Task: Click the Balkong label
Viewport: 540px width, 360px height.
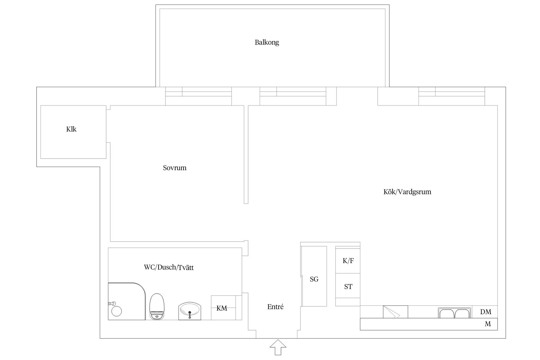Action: tap(267, 42)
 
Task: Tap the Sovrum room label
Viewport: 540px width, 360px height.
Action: tap(175, 168)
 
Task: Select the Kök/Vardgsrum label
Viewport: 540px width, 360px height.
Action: tap(407, 192)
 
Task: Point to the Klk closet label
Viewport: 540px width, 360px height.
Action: tap(71, 129)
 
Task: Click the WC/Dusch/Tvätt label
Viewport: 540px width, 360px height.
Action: tap(169, 267)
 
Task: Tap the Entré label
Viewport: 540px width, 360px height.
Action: tap(275, 307)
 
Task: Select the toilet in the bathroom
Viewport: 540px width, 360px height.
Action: tap(157, 306)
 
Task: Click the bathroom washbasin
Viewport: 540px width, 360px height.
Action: tap(190, 311)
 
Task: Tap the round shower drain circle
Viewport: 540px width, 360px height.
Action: tap(116, 311)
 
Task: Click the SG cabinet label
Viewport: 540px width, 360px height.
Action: tap(314, 279)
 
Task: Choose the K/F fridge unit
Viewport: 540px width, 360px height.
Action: tap(348, 261)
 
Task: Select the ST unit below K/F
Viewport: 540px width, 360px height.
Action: tap(348, 287)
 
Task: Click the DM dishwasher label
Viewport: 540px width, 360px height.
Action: tap(486, 312)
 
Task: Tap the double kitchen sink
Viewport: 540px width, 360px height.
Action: tap(454, 313)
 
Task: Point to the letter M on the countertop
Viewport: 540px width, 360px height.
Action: tap(488, 324)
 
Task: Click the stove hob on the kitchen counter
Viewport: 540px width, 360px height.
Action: tap(395, 312)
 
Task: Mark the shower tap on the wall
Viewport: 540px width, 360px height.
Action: tap(112, 303)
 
